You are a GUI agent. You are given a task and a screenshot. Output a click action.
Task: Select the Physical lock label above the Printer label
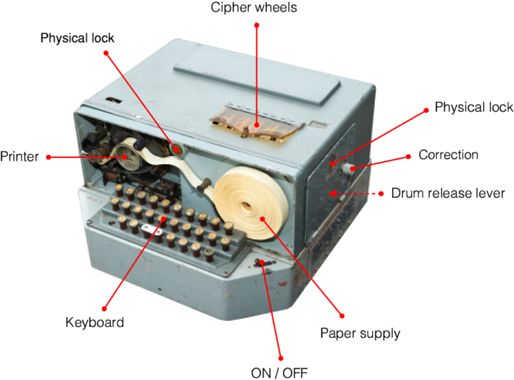tap(77, 38)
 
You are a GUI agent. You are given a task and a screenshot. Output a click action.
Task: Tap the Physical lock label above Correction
tap(473, 107)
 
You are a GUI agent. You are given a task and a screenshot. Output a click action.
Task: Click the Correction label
tap(448, 155)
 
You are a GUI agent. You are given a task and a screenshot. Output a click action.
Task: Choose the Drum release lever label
tap(448, 194)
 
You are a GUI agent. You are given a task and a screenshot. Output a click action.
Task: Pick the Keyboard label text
tap(94, 322)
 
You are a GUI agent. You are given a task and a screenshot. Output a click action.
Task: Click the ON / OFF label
tap(279, 372)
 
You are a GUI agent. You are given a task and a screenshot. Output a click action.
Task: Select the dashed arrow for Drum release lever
tap(355, 194)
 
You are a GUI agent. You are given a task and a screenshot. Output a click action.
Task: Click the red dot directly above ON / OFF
tap(280, 357)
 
